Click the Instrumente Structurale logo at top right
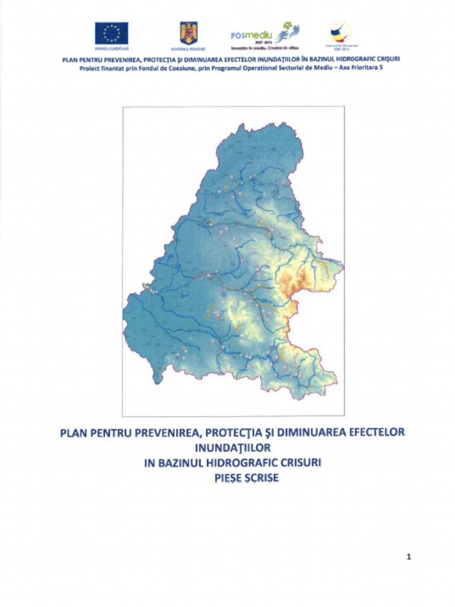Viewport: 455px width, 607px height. pos(341,32)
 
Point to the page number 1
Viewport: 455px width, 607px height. pos(409,557)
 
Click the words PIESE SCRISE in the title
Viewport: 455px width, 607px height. pos(246,477)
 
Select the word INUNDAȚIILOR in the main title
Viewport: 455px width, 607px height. pos(232,447)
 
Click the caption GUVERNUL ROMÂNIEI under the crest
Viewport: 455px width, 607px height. pos(188,47)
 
